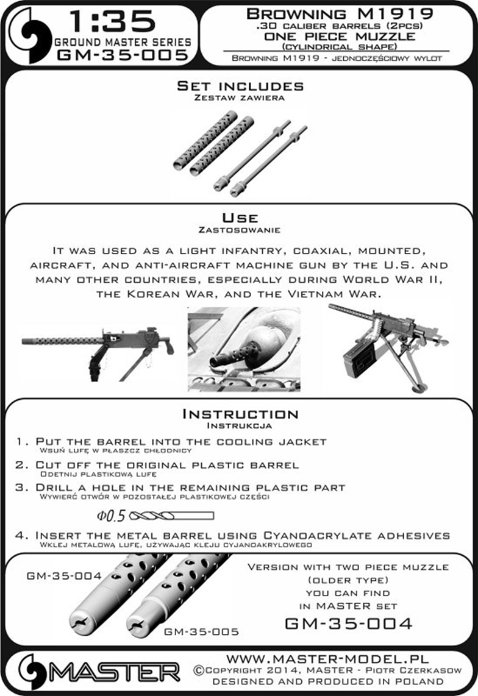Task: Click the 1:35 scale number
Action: click(x=113, y=22)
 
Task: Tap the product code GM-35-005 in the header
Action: click(x=122, y=56)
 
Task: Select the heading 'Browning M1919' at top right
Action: click(x=340, y=13)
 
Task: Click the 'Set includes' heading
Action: click(x=240, y=86)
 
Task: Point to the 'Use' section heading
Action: click(x=240, y=218)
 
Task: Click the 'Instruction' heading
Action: click(x=240, y=414)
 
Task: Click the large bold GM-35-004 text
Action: click(x=348, y=623)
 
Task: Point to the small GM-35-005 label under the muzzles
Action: click(x=201, y=632)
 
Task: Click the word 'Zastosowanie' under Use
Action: click(x=240, y=230)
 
